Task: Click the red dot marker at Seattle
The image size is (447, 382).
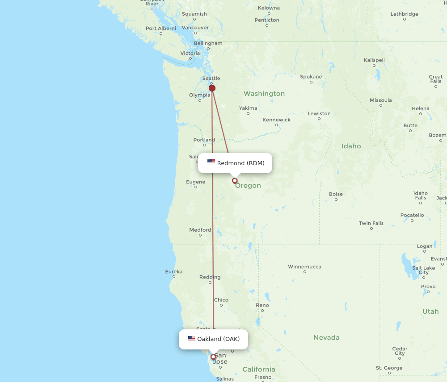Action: (212, 88)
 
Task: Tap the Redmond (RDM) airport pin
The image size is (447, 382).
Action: (235, 181)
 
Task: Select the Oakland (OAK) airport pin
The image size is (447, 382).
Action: (213, 357)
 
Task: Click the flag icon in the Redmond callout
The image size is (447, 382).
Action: (211, 163)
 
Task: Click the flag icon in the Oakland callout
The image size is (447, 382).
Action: (191, 339)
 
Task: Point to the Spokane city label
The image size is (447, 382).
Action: (311, 77)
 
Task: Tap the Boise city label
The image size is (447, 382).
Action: (336, 194)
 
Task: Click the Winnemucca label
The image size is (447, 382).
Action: (304, 267)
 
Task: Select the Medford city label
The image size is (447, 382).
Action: (200, 230)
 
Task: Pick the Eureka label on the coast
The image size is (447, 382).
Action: (173, 271)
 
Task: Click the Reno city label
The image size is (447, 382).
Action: (262, 305)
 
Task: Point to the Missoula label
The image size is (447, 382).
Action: (381, 100)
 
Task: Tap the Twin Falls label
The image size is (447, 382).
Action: (371, 223)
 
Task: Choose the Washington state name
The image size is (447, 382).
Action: (264, 94)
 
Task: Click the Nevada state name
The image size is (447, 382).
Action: (326, 338)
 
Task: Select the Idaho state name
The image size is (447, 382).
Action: (351, 146)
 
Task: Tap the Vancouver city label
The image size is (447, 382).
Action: (195, 28)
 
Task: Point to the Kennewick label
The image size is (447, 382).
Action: (276, 120)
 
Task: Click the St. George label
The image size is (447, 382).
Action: (389, 368)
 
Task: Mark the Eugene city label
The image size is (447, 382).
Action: (196, 182)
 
